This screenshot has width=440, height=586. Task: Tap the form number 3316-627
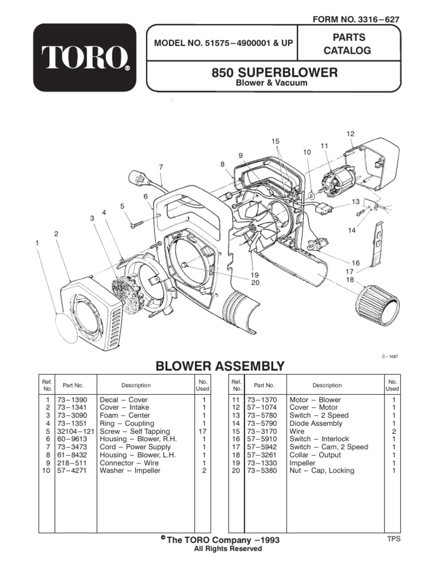355,19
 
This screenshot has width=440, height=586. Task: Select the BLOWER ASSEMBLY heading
219,366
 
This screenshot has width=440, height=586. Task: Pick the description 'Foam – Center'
125,415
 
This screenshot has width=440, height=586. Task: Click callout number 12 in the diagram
351,133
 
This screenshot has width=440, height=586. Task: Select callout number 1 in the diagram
37,243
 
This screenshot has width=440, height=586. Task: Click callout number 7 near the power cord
162,167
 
